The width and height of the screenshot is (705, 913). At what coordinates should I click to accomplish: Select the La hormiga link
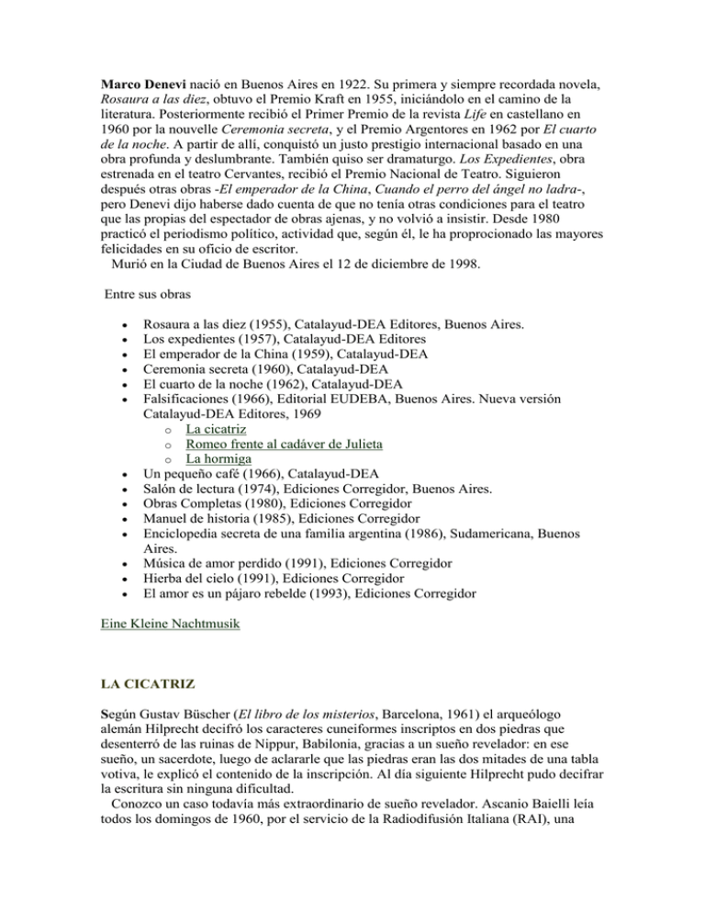pyautogui.click(x=218, y=459)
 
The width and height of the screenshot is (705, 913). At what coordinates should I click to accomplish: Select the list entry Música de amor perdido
pyautogui.click(x=207, y=562)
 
